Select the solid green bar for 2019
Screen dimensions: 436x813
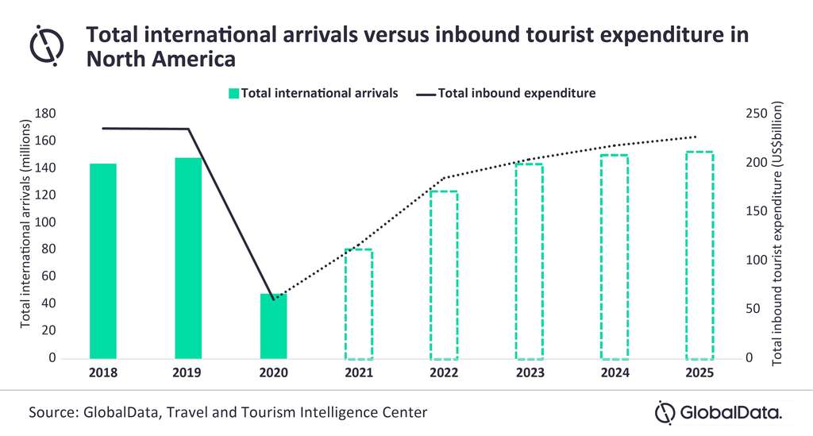pos(188,258)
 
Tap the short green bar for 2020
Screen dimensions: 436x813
pos(273,326)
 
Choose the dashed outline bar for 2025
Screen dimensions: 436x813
pos(699,255)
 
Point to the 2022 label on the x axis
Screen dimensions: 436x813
pos(444,372)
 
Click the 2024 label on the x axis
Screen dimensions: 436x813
pos(615,372)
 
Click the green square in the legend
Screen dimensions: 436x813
pos(233,94)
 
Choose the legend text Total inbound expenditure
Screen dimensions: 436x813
pos(516,94)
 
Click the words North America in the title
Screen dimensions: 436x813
pos(162,59)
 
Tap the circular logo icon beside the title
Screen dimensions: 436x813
pos(47,44)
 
